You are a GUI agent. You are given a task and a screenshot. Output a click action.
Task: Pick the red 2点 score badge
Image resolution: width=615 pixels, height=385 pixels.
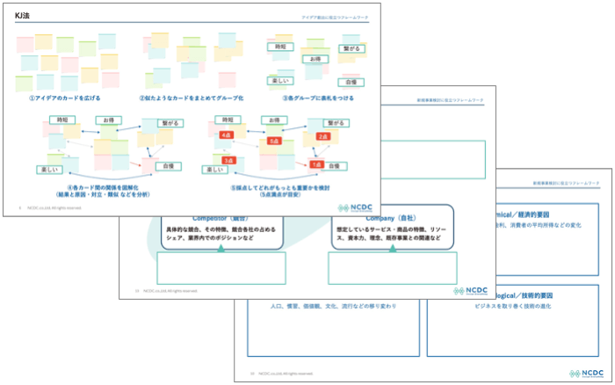point(322,137)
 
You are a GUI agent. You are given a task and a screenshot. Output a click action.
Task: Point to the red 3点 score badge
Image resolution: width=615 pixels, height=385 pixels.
point(228,161)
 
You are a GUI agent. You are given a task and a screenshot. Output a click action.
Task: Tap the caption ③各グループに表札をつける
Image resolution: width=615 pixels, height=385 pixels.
point(318,98)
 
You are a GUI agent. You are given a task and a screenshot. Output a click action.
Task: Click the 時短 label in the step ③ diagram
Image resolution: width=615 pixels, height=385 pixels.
point(281,47)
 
